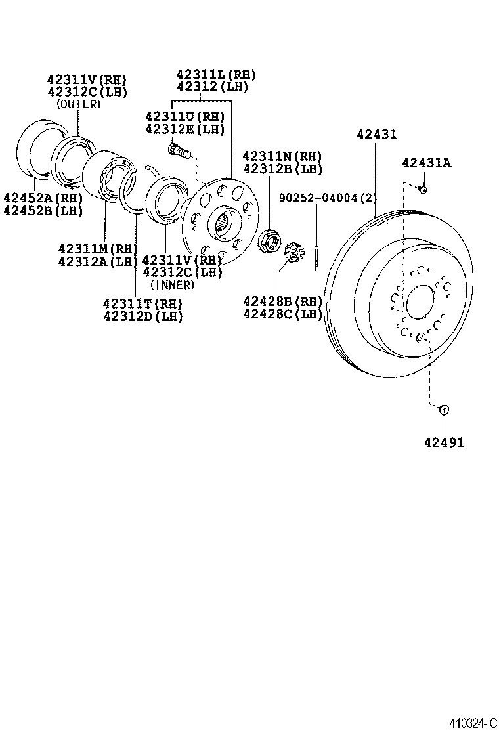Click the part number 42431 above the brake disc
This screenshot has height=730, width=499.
[376, 135]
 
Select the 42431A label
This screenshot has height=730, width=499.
[426, 163]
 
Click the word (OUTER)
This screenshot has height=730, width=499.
[78, 104]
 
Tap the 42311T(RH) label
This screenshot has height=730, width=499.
[142, 303]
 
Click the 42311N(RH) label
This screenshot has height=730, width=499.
[282, 156]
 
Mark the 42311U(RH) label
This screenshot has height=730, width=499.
[184, 116]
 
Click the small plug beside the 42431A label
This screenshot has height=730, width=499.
[423, 190]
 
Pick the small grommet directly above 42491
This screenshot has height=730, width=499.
[443, 410]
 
